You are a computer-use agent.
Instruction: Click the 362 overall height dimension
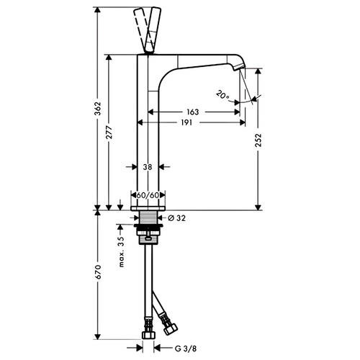(98, 109)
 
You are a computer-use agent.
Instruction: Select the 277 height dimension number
(109, 132)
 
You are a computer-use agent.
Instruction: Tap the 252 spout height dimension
(258, 140)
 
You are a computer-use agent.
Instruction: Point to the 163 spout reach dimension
(193, 112)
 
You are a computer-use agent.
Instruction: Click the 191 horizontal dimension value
(186, 122)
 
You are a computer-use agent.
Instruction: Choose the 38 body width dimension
(148, 167)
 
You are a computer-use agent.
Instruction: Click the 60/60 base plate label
(148, 195)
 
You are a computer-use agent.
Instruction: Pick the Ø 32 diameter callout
(177, 218)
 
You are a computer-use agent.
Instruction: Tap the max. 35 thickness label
(122, 251)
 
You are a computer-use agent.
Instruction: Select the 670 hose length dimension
(98, 272)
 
